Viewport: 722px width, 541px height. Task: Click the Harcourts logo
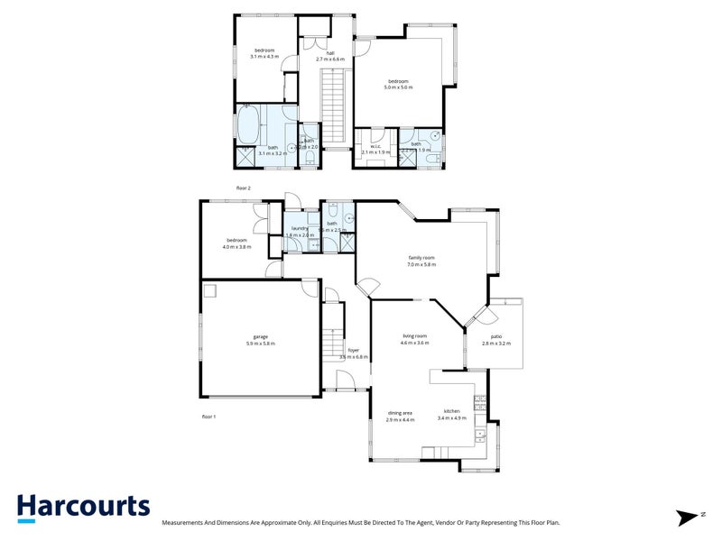[83, 507]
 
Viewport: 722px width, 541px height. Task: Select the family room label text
[421, 261]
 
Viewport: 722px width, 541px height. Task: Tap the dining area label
[400, 417]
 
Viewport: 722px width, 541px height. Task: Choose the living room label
[415, 340]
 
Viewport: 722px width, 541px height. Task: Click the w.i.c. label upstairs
[375, 149]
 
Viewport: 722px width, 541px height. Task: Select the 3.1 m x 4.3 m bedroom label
[264, 53]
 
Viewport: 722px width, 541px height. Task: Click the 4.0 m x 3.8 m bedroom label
[237, 243]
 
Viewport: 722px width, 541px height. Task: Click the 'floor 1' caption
[209, 417]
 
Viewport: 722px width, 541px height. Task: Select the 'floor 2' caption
[243, 188]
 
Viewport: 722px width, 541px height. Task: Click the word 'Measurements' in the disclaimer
[187, 522]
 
